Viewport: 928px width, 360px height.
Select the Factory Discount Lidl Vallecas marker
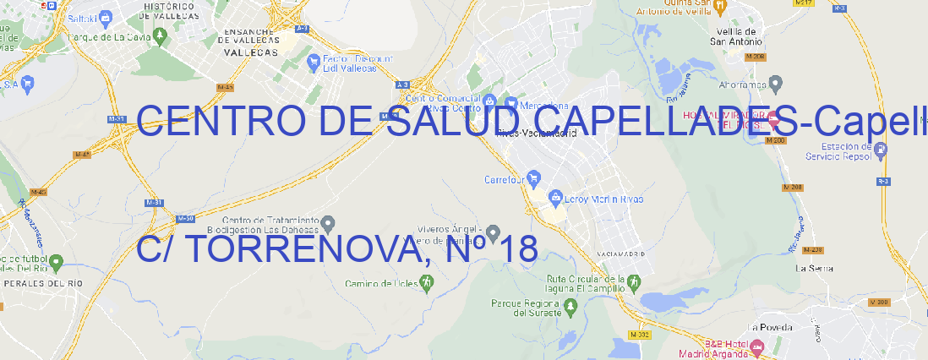coord(316,60)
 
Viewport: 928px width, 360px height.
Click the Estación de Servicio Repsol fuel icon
coord(881,150)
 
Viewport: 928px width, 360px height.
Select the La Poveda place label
coord(769,326)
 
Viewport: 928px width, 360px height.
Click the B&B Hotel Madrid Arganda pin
coord(757,346)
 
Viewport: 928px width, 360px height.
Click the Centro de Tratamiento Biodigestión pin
coord(328,223)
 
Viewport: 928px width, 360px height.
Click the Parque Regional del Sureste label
coord(526,308)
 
